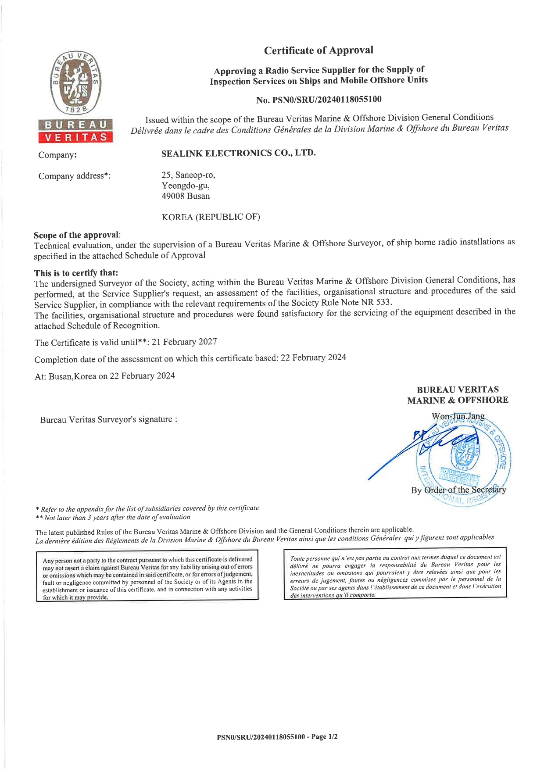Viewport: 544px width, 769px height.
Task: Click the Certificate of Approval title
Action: (319, 50)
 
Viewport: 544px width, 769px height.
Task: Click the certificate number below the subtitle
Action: (319, 100)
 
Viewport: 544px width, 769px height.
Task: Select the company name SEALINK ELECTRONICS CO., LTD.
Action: (238, 153)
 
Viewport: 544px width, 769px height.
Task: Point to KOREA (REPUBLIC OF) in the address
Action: (211, 217)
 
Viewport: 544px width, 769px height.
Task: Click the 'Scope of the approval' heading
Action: (76, 235)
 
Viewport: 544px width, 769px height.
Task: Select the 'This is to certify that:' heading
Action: (76, 273)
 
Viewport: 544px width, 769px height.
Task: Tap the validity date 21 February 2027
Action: (184, 342)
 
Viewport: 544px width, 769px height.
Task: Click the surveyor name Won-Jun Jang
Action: (458, 416)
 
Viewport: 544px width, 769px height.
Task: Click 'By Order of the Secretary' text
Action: (458, 490)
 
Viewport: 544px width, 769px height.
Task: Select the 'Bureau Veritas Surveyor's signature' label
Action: (108, 419)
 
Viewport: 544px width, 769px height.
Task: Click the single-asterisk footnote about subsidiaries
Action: (147, 509)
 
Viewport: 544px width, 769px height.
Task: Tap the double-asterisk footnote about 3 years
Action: (113, 518)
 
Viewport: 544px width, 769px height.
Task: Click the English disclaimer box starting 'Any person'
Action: (147, 578)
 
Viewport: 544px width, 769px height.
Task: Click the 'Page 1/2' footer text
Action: (324, 737)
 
